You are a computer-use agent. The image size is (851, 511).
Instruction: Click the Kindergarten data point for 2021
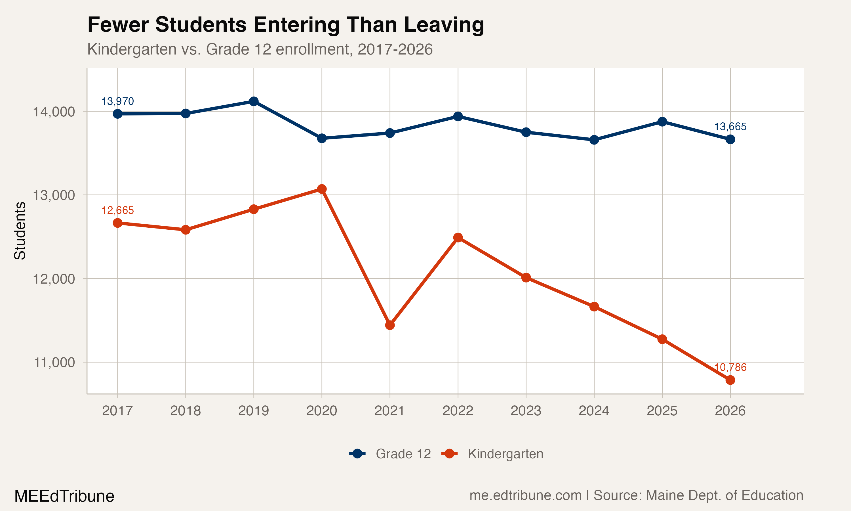tap(390, 325)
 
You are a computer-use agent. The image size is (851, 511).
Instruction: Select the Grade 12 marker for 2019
tap(254, 101)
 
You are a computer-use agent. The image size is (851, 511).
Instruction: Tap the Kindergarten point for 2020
tap(322, 189)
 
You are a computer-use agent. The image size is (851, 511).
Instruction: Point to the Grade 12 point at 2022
tap(458, 116)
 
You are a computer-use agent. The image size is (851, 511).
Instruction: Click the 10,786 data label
tap(730, 367)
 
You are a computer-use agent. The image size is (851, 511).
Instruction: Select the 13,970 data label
tap(117, 101)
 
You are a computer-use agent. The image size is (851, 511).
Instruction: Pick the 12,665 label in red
tap(117, 210)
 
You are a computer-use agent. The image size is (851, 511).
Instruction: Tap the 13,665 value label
tap(730, 127)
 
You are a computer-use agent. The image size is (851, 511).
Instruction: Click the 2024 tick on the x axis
tap(594, 411)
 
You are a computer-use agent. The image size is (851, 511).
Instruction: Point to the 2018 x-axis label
tap(186, 411)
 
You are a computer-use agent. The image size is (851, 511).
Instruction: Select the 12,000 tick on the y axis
tap(54, 278)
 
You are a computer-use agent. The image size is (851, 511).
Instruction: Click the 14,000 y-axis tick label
tap(54, 112)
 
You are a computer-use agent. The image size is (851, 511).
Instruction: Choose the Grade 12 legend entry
tap(403, 454)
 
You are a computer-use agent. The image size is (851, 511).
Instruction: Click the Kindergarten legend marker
tap(449, 454)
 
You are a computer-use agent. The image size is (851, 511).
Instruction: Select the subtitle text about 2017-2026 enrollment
tap(260, 49)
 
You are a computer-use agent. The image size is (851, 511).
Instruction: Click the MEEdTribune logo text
tap(64, 496)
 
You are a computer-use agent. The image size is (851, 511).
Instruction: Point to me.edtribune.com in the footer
tap(525, 495)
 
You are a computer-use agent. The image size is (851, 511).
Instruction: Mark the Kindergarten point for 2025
tap(662, 339)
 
